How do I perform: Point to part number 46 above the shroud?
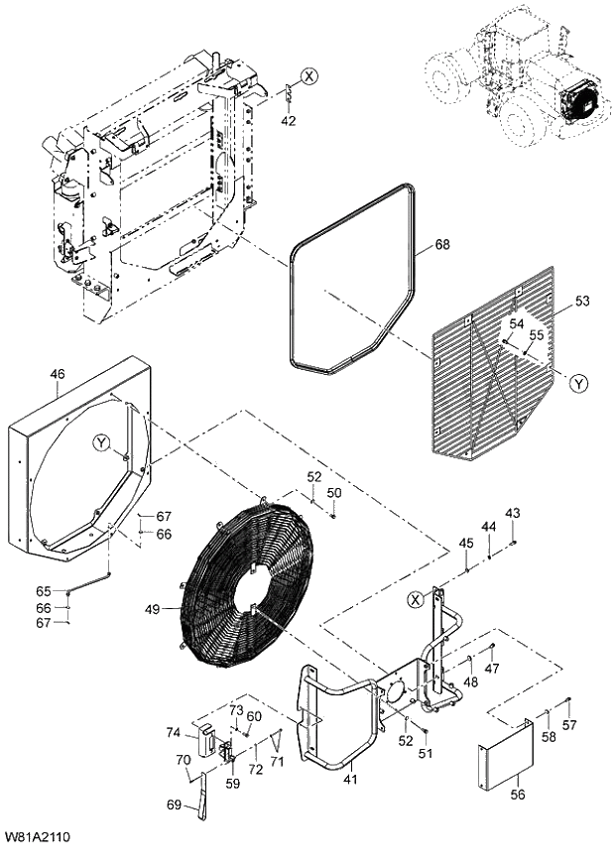point(58,374)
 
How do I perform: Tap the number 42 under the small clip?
point(289,121)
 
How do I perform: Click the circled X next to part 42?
point(310,75)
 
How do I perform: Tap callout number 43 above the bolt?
point(512,513)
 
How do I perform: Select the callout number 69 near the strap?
point(174,804)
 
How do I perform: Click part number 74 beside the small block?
point(174,733)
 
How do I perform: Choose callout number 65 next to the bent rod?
point(44,592)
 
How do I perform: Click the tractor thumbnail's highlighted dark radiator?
point(577,101)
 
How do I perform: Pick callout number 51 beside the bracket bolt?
point(426,755)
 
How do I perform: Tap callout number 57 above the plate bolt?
point(568,725)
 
